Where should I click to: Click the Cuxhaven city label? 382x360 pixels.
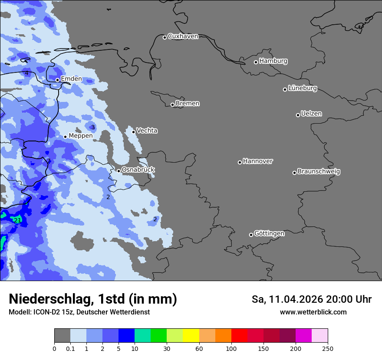[183, 36]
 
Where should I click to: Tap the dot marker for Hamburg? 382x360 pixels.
[256, 62]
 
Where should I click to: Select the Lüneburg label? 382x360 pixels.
[303, 88]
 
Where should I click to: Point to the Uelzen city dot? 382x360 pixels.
[298, 115]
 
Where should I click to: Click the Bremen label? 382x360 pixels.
[188, 104]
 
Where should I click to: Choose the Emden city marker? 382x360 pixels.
[57, 80]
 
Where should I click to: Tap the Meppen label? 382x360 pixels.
[81, 136]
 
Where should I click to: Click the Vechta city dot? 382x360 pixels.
[134, 132]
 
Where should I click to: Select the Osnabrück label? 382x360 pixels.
[138, 170]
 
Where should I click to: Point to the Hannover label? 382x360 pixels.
[258, 161]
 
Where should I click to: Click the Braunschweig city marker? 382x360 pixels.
[294, 173]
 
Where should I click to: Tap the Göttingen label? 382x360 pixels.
[269, 234]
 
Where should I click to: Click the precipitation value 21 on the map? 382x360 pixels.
[17, 220]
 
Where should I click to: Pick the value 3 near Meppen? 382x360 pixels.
[92, 127]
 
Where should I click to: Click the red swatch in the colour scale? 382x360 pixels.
[239, 336]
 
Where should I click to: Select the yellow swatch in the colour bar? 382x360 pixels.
[191, 336]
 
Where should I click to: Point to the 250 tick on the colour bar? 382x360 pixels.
[327, 348]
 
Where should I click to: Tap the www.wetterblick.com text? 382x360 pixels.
[313, 312]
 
